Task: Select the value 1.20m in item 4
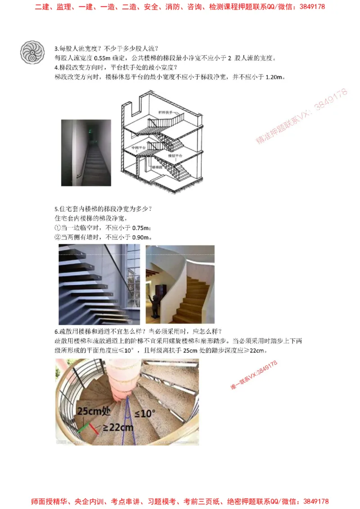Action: click(x=277, y=77)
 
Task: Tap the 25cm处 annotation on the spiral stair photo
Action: click(x=94, y=411)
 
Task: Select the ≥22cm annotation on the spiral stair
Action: click(x=118, y=428)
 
